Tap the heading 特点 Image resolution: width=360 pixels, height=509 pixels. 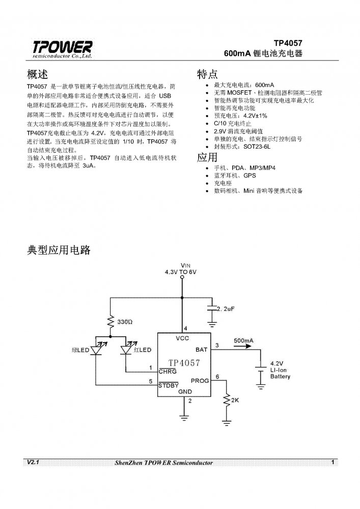208,74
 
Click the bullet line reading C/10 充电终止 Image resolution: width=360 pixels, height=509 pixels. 235,124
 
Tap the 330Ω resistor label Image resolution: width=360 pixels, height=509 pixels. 125,323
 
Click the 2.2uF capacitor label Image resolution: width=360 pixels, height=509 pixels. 226,309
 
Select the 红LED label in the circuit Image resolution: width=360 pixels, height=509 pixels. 143,350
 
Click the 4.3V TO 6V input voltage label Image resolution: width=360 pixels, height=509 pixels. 181,272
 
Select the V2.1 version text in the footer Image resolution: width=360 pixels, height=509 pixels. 31,462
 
